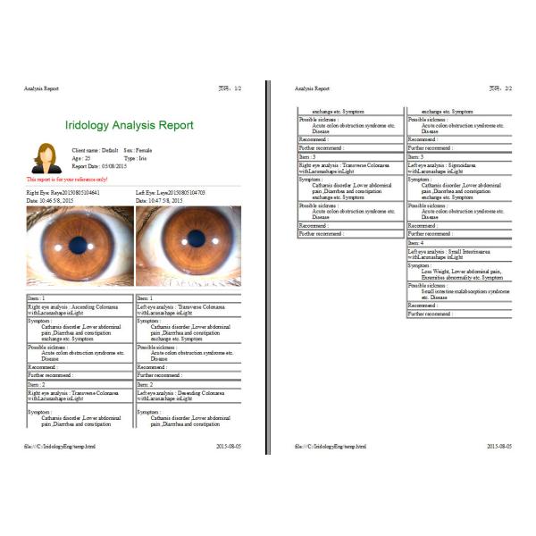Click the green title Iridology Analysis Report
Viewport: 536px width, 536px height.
point(130,125)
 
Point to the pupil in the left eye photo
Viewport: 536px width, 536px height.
point(194,239)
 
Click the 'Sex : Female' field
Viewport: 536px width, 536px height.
point(141,152)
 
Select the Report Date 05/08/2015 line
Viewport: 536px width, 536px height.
point(100,166)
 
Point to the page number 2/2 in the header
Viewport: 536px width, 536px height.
point(503,88)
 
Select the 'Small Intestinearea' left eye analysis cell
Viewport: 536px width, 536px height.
point(459,254)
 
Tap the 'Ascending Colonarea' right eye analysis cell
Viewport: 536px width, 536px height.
point(79,309)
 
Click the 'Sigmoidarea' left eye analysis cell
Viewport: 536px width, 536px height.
point(459,167)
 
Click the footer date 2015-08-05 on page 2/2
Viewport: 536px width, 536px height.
point(499,445)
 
